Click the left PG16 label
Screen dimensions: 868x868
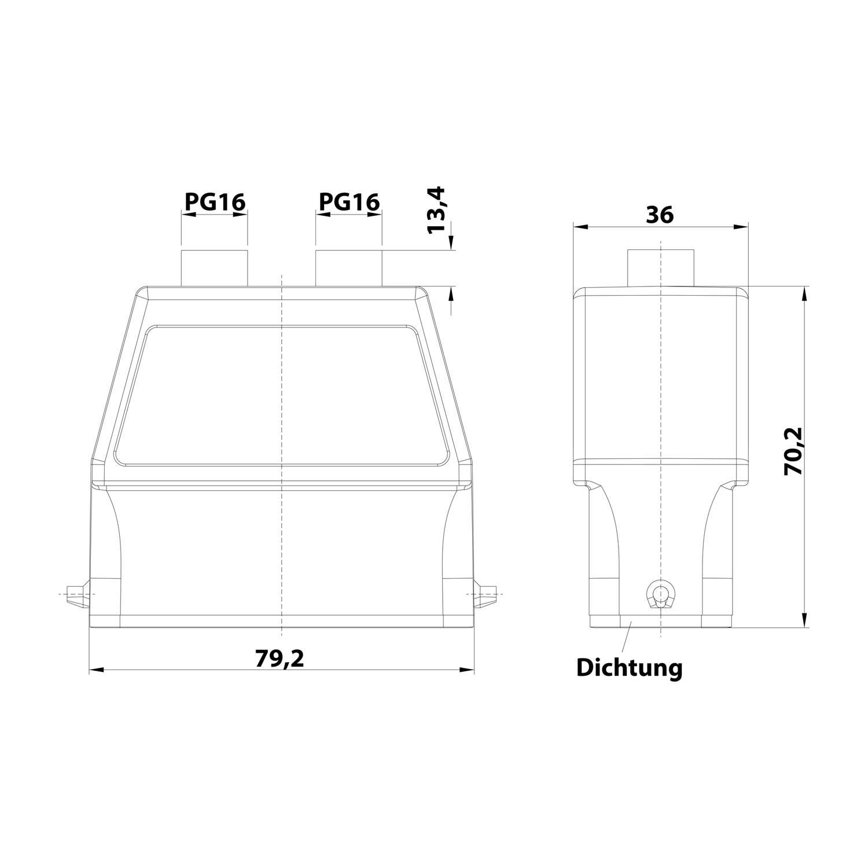point(215,201)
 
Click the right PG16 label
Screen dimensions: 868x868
point(349,201)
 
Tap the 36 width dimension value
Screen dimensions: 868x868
point(660,215)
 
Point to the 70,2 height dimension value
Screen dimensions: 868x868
point(792,451)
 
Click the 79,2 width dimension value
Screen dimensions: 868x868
point(280,659)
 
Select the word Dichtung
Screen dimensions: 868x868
point(629,668)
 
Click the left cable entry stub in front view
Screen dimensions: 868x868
point(215,267)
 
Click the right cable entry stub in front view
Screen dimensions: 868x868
point(348,267)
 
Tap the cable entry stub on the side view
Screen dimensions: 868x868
point(661,267)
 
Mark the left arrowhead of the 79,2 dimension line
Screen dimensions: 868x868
point(96,670)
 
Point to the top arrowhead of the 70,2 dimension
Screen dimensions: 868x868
point(804,293)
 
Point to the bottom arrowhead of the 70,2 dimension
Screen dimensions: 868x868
point(804,620)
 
